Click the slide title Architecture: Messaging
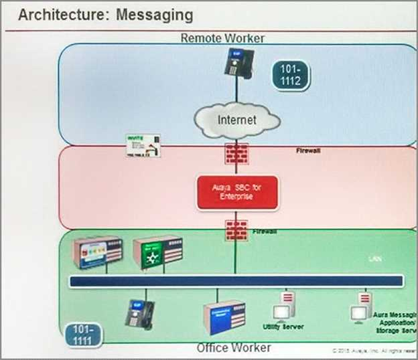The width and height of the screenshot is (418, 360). pyautogui.click(x=105, y=14)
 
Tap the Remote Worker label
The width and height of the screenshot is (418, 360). pyautogui.click(x=222, y=38)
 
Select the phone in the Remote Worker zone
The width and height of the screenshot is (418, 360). pyautogui.click(x=236, y=64)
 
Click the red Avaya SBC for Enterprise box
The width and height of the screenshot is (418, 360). pyautogui.click(x=236, y=192)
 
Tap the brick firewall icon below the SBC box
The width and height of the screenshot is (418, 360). pyautogui.click(x=236, y=230)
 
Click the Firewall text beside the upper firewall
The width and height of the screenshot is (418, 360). pyautogui.click(x=308, y=151)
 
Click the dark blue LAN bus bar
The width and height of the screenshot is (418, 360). pyautogui.click(x=236, y=281)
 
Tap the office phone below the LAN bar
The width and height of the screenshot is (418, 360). pyautogui.click(x=137, y=313)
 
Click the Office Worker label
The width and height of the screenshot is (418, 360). pyautogui.click(x=234, y=348)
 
